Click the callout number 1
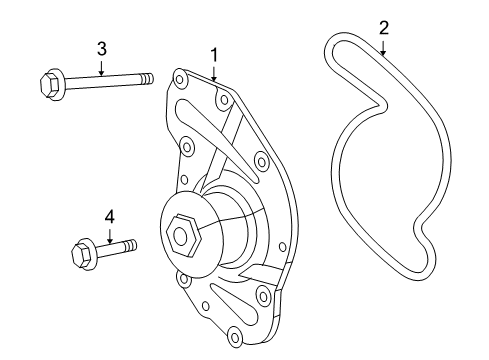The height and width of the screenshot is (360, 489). [213, 53]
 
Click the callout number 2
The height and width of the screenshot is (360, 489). [382, 27]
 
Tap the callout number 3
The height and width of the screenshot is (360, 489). [101, 48]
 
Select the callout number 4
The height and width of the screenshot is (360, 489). [110, 215]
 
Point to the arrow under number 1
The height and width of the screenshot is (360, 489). [213, 70]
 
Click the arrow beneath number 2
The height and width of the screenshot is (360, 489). [382, 44]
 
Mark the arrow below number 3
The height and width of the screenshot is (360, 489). [101, 67]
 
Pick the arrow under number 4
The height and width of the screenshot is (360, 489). [110, 233]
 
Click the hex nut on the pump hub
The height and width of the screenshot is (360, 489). [183, 235]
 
